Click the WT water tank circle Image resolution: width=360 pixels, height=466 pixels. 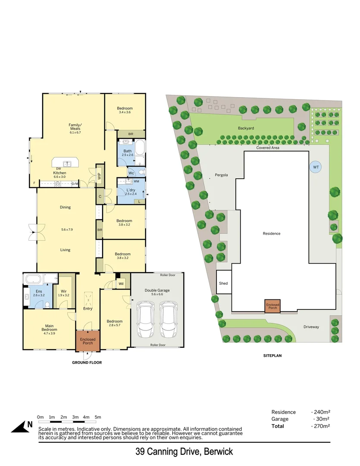point(316,167)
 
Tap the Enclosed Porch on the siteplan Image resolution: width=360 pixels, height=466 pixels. point(272,306)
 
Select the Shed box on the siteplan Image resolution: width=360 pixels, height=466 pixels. point(223,283)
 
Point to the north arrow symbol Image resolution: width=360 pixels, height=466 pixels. point(22,426)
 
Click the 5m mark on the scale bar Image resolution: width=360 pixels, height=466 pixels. point(98,417)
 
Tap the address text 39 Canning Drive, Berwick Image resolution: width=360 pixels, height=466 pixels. point(184,452)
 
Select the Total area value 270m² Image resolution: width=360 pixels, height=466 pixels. point(321,426)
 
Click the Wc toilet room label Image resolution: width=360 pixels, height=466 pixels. point(131,173)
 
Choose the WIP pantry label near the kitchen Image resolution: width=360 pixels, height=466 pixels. point(99,176)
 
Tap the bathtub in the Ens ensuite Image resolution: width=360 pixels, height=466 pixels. point(34,279)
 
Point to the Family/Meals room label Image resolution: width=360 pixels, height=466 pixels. point(75,129)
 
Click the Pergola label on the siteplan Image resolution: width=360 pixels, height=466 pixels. point(221,175)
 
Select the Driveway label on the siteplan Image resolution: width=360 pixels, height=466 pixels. point(311,327)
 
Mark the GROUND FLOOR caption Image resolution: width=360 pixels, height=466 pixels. point(87,362)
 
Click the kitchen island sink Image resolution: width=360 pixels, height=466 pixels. point(66,164)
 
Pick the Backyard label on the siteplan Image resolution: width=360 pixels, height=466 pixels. point(246,128)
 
